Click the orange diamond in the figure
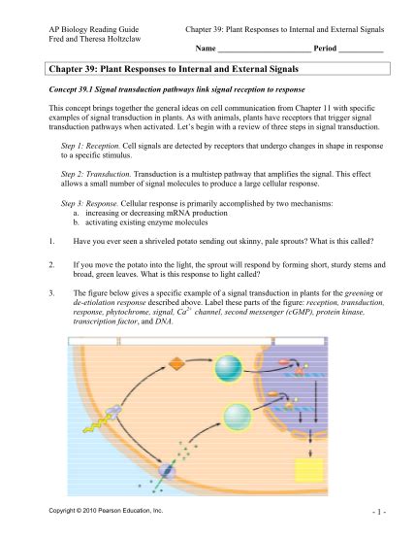coord(176,364)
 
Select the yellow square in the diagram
coord(309,470)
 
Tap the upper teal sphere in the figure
coord(229,368)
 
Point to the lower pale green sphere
coord(238,418)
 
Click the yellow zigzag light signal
coord(97,423)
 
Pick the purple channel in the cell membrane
coord(167,470)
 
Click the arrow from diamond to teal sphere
coord(200,360)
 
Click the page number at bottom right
coord(379,512)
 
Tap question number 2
coord(51,265)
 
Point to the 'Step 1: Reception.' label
coord(90,146)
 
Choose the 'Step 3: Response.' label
coord(89,204)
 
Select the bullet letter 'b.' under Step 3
coord(76,222)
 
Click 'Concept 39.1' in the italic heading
coord(71,90)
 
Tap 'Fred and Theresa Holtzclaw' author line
coord(95,39)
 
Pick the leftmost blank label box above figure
coord(93,341)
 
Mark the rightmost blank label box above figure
coord(300,341)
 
